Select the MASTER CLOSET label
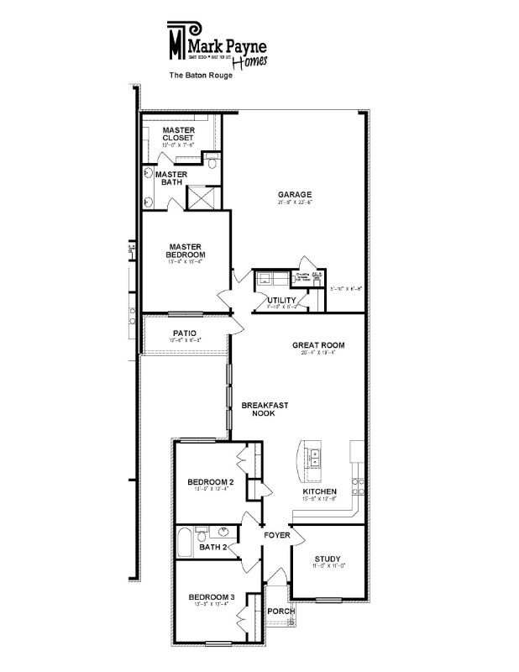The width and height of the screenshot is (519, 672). click(178, 134)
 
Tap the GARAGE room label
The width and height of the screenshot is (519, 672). click(294, 195)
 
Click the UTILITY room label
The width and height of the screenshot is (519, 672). click(280, 300)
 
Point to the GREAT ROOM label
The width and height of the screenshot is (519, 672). click(318, 345)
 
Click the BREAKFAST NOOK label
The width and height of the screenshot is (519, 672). click(265, 409)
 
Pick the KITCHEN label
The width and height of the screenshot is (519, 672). click(320, 491)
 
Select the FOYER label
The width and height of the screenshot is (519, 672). click(276, 534)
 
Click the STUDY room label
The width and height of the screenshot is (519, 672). click(328, 559)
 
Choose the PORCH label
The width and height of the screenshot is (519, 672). click(280, 611)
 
